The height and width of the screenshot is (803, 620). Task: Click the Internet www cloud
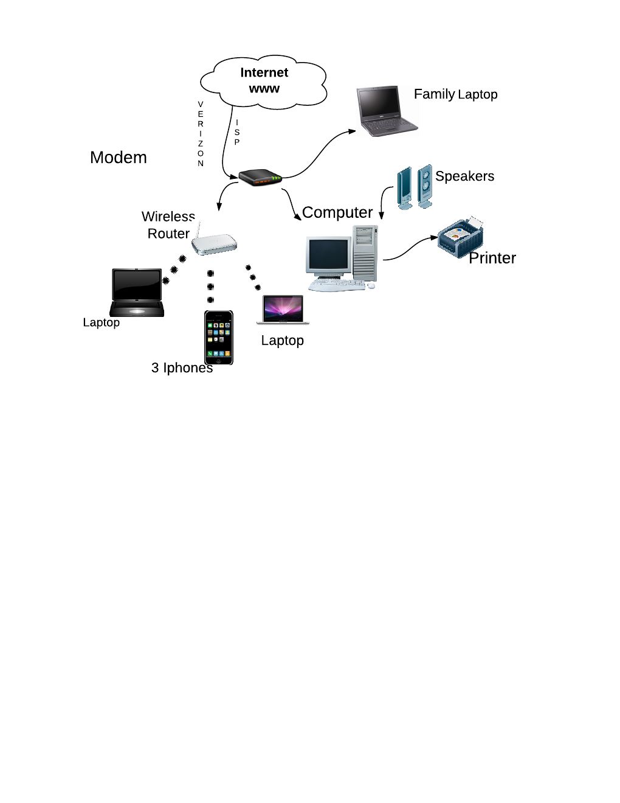264,82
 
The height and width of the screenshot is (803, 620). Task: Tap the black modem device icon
260,178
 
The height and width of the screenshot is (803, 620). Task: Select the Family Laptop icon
387,111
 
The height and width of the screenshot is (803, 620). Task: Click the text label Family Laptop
455,94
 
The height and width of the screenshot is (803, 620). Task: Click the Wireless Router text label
168,225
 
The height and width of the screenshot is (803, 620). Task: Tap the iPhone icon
219,338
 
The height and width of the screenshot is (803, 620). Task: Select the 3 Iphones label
182,368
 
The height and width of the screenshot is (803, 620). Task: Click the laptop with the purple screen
283,310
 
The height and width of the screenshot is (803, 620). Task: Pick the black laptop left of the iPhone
137,293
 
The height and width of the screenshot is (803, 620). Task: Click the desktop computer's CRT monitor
328,257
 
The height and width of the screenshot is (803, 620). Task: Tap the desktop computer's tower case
365,252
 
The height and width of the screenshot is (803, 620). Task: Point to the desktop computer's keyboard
337,284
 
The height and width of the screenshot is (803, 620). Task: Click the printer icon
461,238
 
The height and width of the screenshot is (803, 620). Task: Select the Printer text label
492,258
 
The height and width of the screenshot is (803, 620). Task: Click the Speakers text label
464,176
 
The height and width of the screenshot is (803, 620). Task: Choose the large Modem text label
119,158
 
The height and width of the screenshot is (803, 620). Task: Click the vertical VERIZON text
201,134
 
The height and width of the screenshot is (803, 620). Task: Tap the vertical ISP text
237,132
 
